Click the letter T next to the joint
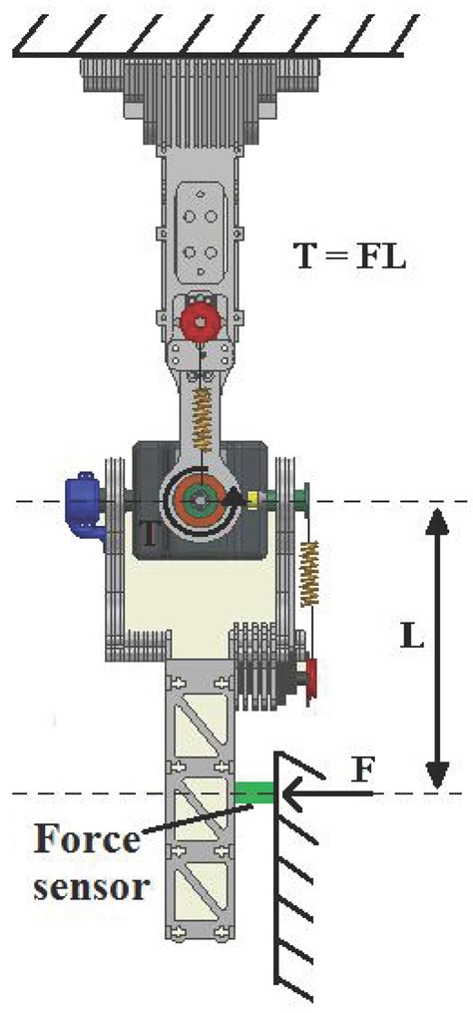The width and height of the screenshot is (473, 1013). pyautogui.click(x=148, y=535)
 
